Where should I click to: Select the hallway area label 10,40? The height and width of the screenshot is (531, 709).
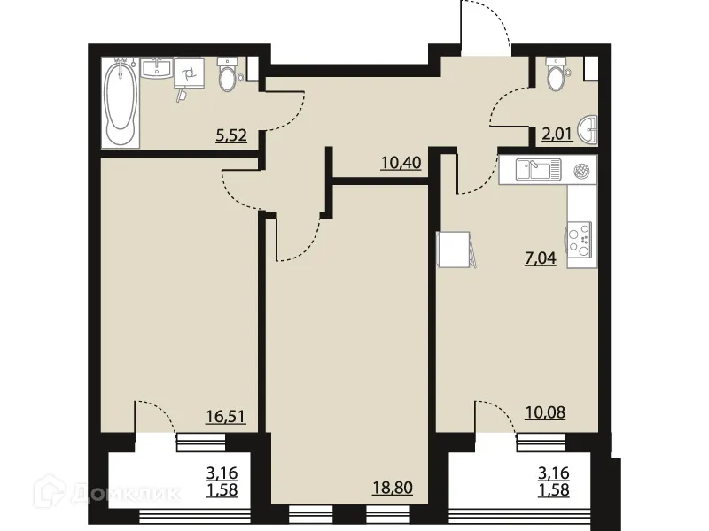coord(400,162)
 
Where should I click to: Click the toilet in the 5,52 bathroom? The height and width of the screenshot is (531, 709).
coord(227,76)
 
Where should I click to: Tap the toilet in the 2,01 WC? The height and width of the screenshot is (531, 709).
coord(556,75)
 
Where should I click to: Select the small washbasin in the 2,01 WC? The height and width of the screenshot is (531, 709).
coord(588,131)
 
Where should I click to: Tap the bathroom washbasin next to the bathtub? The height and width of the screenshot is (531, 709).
coord(158,69)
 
